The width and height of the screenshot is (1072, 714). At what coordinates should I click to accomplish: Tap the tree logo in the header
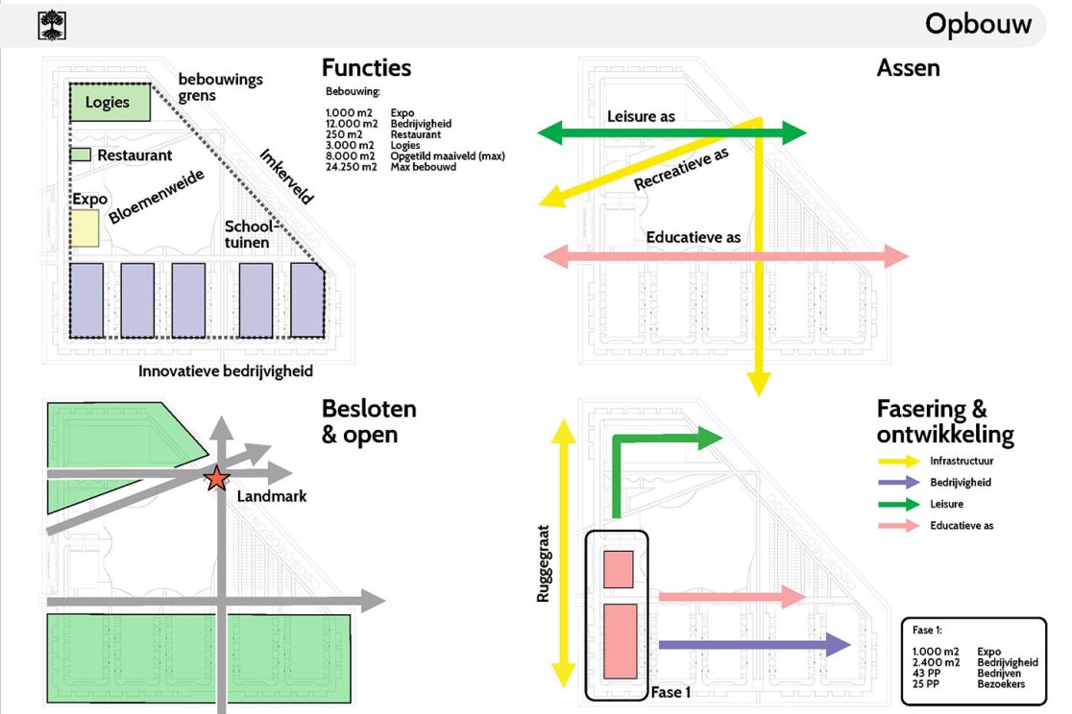[x=52, y=25]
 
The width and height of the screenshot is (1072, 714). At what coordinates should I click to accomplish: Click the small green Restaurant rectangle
[x=82, y=155]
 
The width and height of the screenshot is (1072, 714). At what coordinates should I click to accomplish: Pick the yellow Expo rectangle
[x=85, y=229]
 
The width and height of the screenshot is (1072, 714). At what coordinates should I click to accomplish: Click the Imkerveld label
[x=285, y=177]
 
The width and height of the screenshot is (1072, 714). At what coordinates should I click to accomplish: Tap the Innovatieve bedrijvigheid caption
[x=226, y=370]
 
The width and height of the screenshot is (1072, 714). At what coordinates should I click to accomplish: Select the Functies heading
[x=366, y=68]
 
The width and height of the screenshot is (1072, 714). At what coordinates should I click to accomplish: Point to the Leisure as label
[x=641, y=116]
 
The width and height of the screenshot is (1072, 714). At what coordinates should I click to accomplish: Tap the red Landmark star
[x=217, y=478]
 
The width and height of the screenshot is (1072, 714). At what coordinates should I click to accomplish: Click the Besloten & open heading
[x=369, y=421]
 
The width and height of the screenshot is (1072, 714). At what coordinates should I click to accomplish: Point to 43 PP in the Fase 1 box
[x=926, y=674]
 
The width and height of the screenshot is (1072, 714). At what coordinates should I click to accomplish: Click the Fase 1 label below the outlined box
[x=670, y=691]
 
